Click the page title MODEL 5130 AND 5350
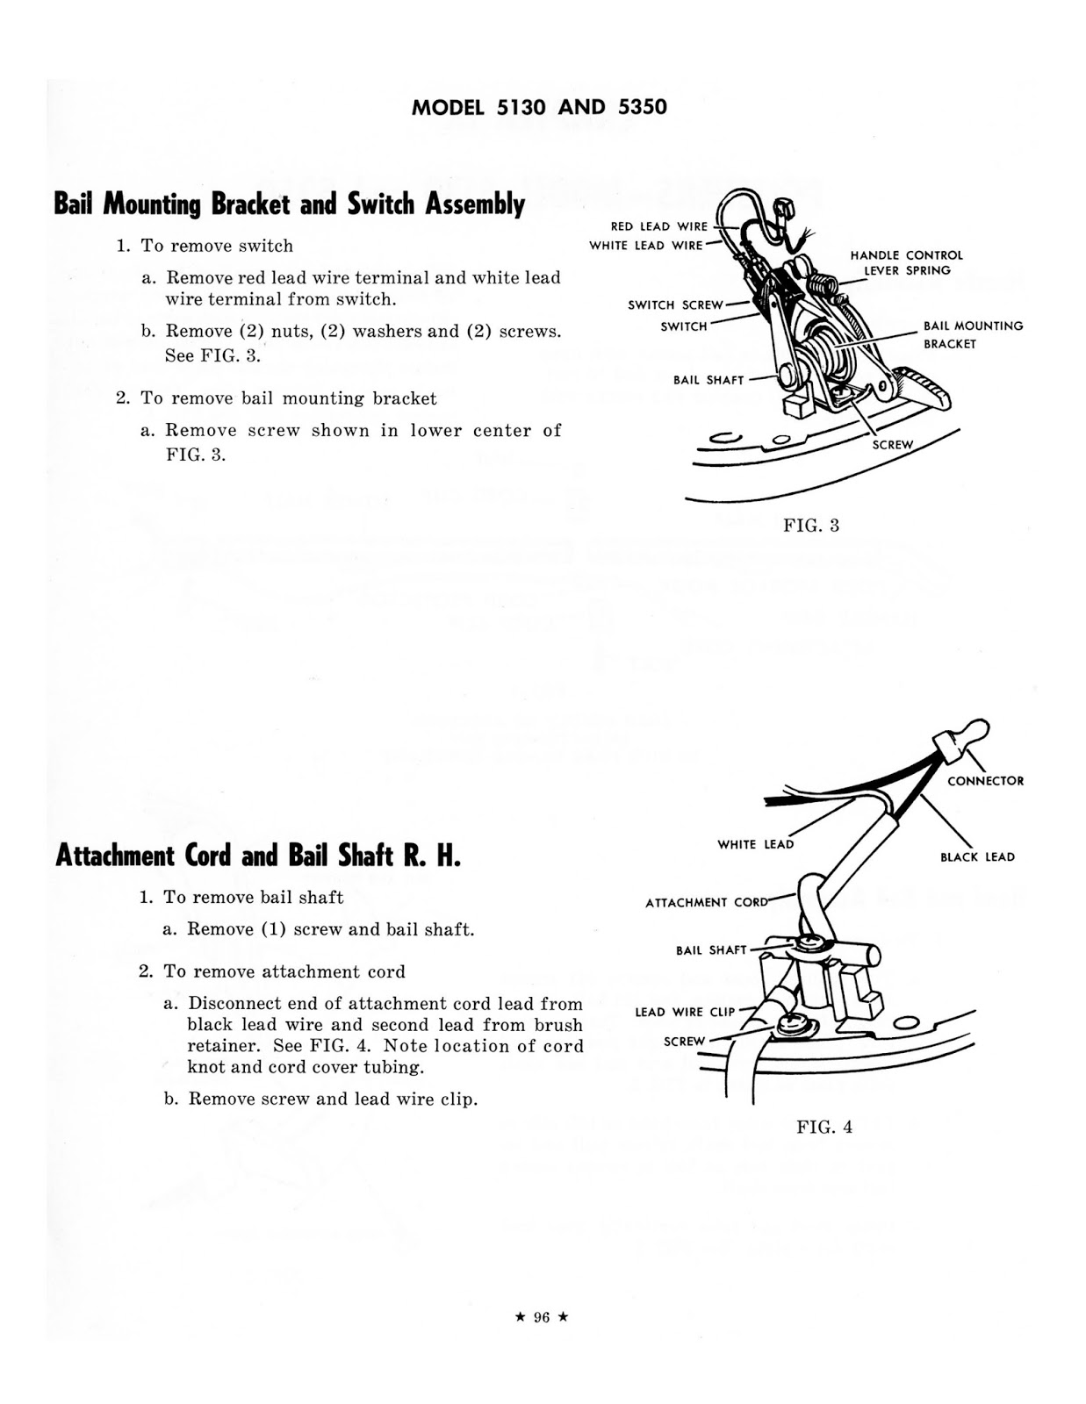(539, 107)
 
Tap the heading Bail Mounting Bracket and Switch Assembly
(290, 204)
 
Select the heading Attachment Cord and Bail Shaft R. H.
(257, 856)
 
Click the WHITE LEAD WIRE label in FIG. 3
(645, 246)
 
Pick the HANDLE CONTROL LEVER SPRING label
(906, 262)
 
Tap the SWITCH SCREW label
(675, 305)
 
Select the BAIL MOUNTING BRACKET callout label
(973, 334)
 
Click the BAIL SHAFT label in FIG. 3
(708, 380)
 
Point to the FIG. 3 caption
(811, 526)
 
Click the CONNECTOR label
(985, 781)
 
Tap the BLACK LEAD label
(977, 857)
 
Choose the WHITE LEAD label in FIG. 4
(755, 844)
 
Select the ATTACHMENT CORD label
(706, 902)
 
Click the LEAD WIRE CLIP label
(685, 1012)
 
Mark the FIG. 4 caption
(824, 1128)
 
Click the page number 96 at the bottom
(542, 1317)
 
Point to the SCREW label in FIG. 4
(684, 1042)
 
